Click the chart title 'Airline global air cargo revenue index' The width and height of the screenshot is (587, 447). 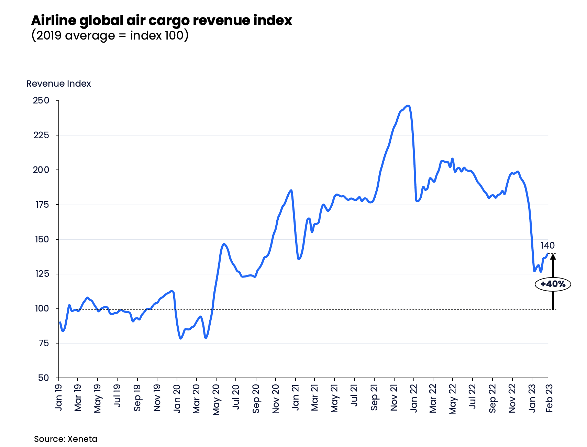161,21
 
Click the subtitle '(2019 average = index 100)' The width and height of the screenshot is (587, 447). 110,35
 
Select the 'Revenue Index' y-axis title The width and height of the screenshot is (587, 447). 58,84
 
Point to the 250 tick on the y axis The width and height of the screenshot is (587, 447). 41,101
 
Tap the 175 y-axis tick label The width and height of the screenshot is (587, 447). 41,205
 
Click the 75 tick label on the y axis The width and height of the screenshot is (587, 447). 44,343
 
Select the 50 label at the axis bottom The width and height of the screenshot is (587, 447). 44,378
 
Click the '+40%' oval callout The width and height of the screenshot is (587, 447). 553,284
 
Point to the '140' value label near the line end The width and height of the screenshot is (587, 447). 547,246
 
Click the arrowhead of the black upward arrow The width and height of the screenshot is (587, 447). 553,257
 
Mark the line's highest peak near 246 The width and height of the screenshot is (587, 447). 408,106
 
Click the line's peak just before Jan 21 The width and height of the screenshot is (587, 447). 291,190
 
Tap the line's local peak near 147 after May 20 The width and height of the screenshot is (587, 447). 224,244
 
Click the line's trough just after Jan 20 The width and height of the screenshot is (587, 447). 181,338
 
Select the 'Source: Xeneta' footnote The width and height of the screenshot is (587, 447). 66,439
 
